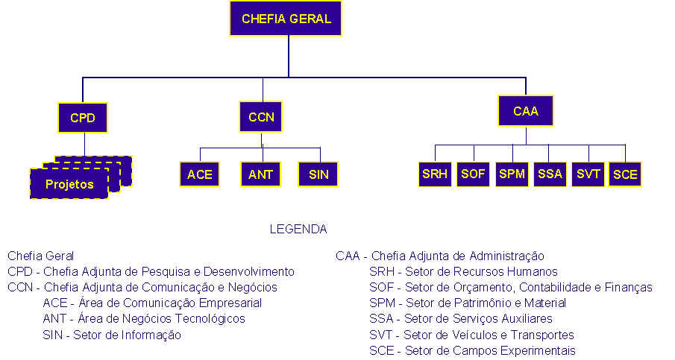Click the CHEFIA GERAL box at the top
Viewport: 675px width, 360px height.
pos(286,19)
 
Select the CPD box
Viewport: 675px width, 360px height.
pos(82,118)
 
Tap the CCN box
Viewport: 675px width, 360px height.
pos(260,116)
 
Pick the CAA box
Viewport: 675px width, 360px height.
pos(526,110)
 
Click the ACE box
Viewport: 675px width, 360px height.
pos(199,174)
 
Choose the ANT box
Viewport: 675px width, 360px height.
pos(260,174)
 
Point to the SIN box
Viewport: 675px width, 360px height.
pos(318,174)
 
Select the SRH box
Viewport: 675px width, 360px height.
pos(435,174)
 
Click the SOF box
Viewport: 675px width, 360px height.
pos(473,174)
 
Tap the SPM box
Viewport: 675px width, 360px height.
pos(512,174)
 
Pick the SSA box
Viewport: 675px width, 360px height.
pos(550,174)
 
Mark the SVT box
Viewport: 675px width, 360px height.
pos(588,174)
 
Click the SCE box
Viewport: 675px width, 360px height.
pos(625,174)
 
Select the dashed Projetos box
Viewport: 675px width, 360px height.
pos(69,183)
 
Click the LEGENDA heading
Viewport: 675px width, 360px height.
pos(298,229)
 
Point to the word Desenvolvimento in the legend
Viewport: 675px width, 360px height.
pos(249,272)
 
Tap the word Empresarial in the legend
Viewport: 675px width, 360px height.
pos(230,303)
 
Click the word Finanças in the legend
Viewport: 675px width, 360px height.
pos(629,287)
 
